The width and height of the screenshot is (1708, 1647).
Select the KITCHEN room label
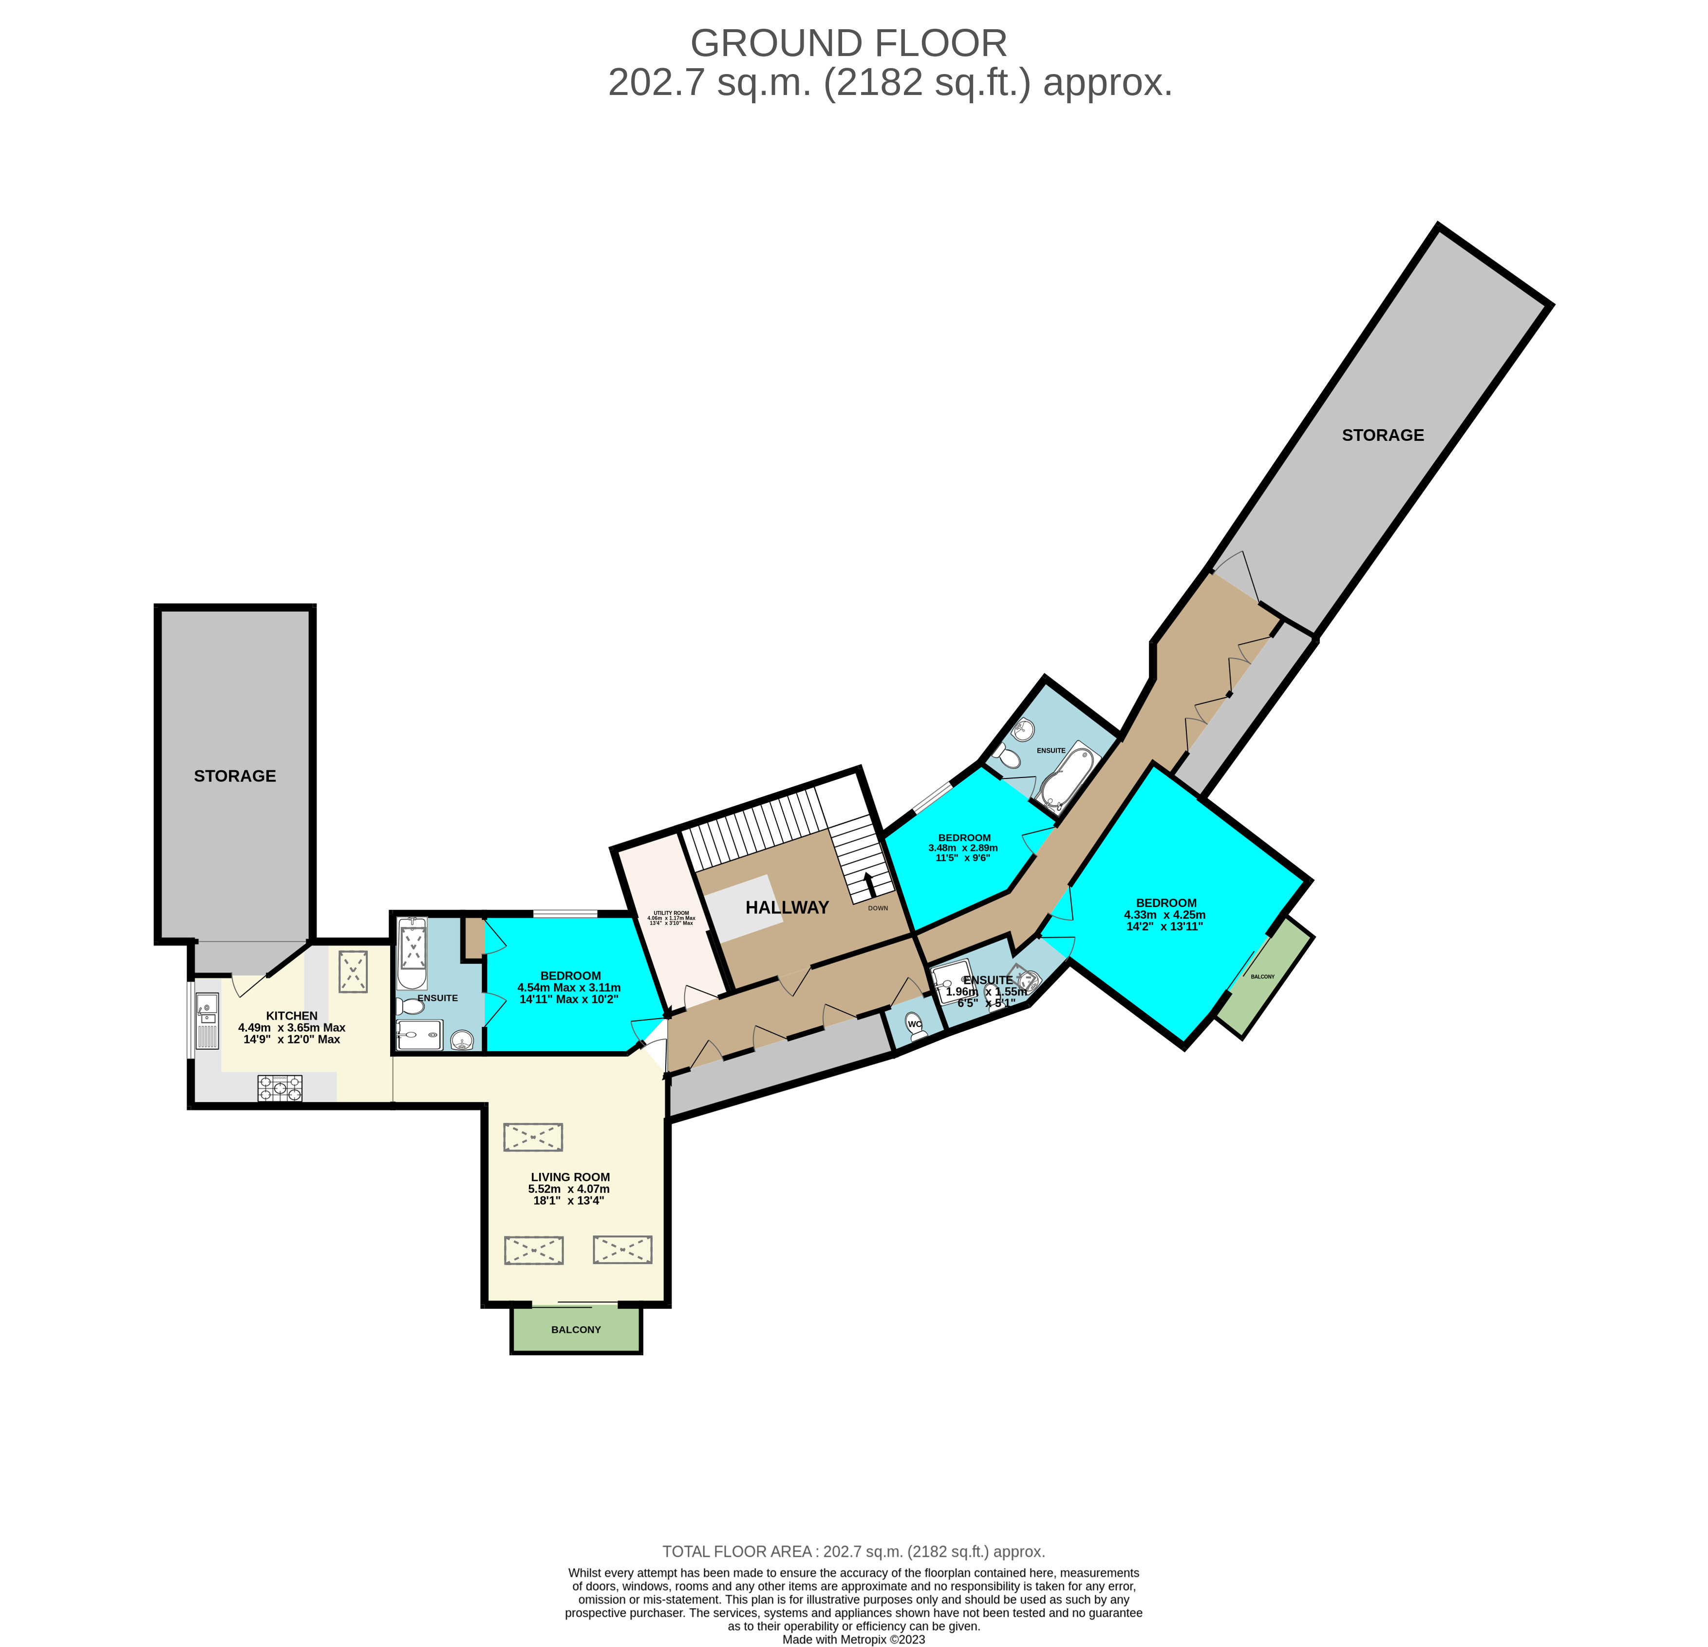291,1015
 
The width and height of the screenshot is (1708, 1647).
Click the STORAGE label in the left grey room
234,776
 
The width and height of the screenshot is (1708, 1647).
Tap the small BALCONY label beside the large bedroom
1262,977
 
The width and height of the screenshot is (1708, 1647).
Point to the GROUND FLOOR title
848,43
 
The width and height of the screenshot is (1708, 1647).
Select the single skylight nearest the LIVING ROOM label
532,1137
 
